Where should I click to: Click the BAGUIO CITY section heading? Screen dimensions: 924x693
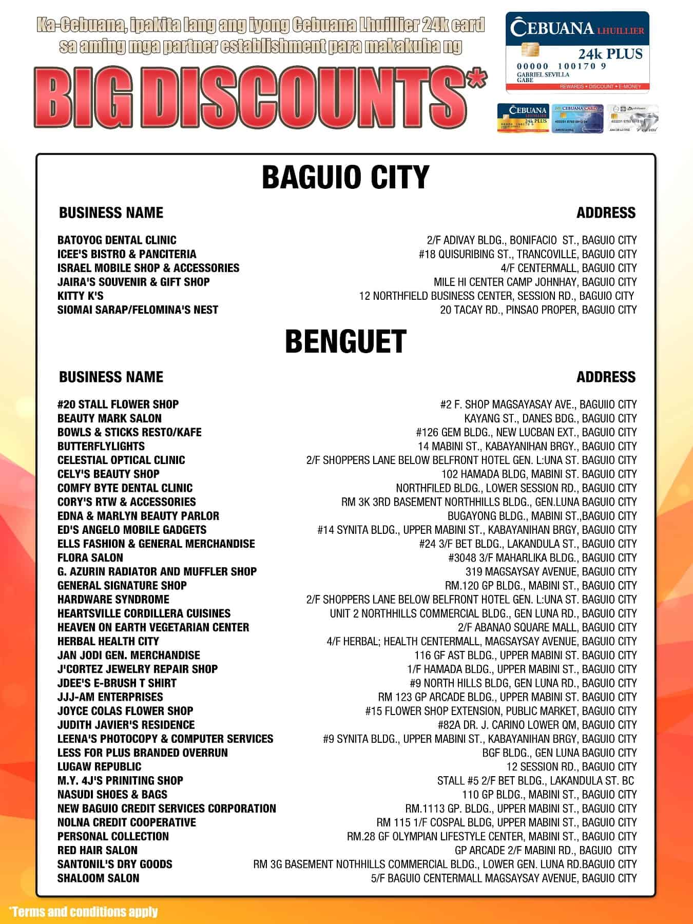(345, 177)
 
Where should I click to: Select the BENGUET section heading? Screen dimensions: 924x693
(345, 341)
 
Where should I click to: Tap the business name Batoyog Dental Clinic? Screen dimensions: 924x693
(117, 240)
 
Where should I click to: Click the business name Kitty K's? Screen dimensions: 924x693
(80, 296)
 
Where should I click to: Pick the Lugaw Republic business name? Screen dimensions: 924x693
(99, 766)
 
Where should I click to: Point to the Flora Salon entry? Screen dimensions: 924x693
(90, 557)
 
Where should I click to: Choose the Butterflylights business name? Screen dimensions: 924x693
(101, 446)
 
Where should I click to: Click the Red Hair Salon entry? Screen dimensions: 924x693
(97, 850)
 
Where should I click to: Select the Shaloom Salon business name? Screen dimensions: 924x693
(98, 878)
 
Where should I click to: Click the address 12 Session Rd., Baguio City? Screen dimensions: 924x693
(571, 766)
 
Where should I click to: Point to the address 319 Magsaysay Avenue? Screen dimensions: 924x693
(551, 571)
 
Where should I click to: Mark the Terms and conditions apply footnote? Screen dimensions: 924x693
(83, 912)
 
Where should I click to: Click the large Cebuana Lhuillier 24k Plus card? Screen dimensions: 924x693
(577, 53)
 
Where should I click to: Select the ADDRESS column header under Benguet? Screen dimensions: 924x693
(606, 377)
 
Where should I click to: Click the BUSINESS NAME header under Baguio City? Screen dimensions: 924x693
(111, 213)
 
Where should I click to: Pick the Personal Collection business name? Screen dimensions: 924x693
(113, 836)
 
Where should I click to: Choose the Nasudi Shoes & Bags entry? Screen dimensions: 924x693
(112, 795)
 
